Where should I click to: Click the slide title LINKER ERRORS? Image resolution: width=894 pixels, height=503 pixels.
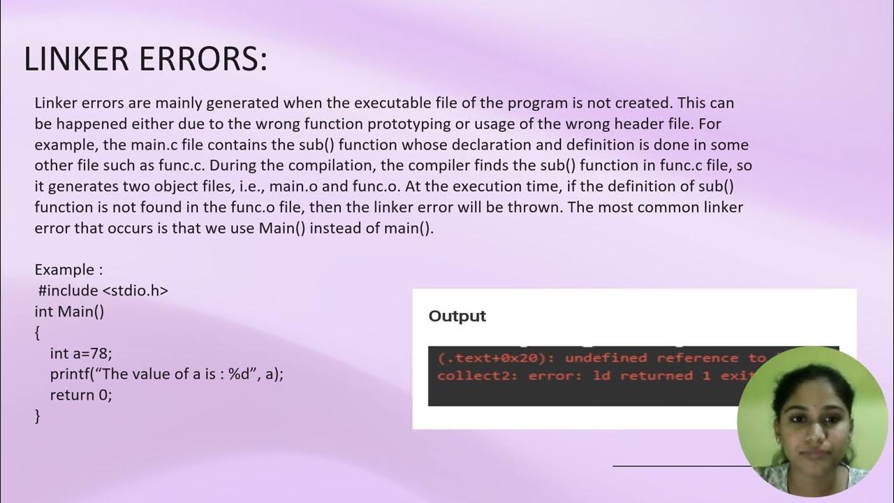tap(145, 59)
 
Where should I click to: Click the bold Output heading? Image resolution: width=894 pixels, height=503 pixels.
tap(457, 316)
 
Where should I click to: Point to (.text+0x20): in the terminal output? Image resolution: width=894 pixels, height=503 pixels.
tap(497, 358)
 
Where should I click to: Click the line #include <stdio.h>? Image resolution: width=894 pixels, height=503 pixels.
tap(103, 290)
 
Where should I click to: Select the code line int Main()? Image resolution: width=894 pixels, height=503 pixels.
tap(69, 311)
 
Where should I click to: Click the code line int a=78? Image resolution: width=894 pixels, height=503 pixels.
tap(81, 353)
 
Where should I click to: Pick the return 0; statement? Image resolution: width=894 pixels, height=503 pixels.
tap(81, 395)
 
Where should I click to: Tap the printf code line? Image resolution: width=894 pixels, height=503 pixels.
tap(167, 374)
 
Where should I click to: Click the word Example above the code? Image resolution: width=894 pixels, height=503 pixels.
tap(64, 270)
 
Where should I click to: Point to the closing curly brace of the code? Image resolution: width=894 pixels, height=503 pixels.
tap(38, 416)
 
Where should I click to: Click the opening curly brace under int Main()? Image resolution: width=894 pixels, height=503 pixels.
tap(38, 333)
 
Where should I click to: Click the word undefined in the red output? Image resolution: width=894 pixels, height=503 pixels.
tap(606, 358)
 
